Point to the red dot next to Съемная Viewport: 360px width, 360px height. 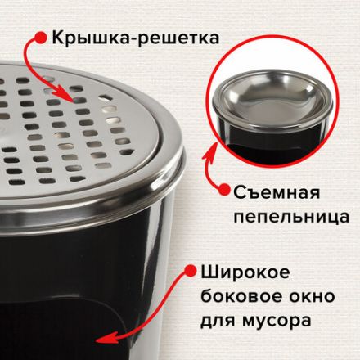pos(223,191)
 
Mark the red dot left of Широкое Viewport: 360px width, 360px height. pos(186,270)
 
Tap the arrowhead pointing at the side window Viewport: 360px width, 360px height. pos(101,336)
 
